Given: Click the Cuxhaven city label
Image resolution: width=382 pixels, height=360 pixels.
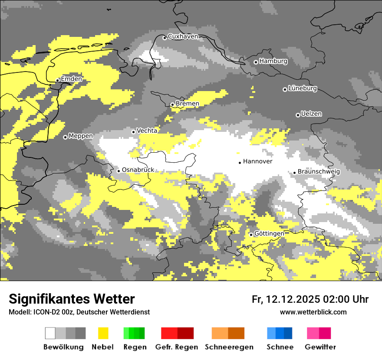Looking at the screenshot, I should [183, 36].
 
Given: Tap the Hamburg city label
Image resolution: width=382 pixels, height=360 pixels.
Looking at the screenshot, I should [273, 61].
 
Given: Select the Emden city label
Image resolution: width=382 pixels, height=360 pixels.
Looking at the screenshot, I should [71, 79].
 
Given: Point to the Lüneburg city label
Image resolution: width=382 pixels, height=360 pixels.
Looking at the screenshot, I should [303, 88].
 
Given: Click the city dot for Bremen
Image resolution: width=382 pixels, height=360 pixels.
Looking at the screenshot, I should [172, 105].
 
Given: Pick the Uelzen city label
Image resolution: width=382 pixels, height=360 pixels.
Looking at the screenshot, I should [311, 114].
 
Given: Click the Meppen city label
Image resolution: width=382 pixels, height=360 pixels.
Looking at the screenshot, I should [81, 136].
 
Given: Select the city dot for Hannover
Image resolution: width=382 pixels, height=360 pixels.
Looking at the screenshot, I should [240, 163].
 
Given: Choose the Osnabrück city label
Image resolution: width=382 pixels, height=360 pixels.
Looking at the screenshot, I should [138, 170].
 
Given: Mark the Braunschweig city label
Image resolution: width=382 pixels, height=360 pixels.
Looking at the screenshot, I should [319, 172].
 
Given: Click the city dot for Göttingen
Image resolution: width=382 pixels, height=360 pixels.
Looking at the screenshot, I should [251, 235].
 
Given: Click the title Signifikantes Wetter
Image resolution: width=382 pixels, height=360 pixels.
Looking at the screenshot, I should [72, 299].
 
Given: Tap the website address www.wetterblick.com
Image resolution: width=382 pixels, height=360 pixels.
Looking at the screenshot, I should [313, 312].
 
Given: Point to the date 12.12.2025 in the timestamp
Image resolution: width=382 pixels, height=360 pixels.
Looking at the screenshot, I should [293, 299].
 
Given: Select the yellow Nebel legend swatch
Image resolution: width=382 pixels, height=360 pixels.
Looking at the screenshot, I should [103, 333].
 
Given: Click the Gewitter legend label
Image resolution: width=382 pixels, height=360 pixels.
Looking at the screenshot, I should [320, 347].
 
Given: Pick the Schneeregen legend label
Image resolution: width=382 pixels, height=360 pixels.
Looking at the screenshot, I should [229, 347].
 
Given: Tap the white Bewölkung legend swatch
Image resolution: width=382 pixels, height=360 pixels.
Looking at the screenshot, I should [50, 333].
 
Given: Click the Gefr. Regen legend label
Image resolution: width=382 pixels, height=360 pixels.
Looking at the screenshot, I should [176, 347].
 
